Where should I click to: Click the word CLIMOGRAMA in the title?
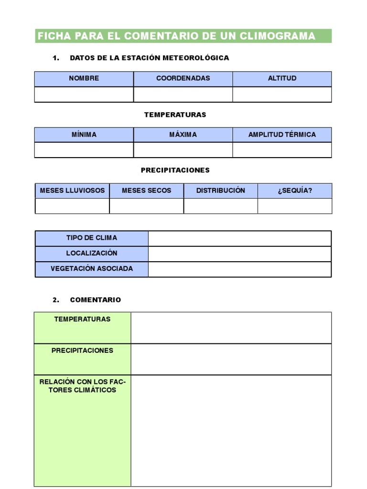pos(281,36)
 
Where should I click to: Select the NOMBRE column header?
pos(84,78)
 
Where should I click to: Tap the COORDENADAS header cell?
pos(183,78)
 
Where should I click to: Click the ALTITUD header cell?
pos(282,78)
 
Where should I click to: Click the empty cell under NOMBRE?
pos(84,95)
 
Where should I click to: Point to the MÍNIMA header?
pos(84,135)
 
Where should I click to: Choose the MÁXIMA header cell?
pos(183,135)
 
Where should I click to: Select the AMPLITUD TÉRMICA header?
pos(282,135)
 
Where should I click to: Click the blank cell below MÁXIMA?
pos(183,150)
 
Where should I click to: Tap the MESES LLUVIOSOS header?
pos(72,191)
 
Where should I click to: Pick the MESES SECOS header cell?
pos(146,191)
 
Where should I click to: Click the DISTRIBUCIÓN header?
pos(220,191)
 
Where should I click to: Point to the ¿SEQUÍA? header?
pos(295,191)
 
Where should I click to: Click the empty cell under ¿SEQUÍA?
pos(295,206)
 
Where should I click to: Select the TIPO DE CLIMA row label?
pos(92,238)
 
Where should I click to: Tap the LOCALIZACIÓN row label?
pos(92,253)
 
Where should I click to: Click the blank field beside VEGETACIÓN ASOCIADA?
pos(239,269)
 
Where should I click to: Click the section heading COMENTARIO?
pos(96,300)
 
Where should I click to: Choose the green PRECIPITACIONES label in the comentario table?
pos(82,351)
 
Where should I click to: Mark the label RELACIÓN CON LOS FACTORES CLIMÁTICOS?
pos(82,386)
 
